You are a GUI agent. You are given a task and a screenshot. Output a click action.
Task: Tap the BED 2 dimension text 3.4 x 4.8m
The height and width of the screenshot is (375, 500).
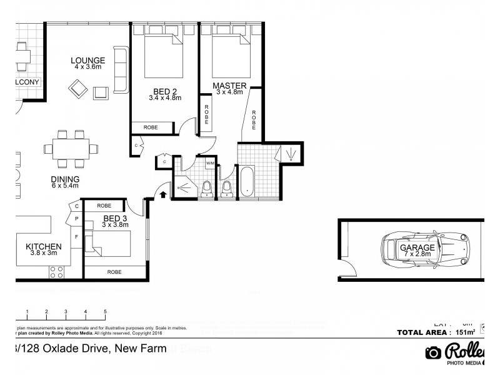(x=165, y=97)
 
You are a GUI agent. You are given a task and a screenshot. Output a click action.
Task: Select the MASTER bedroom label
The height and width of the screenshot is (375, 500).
(x=229, y=86)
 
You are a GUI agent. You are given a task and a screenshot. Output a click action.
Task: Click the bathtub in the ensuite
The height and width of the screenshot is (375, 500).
(x=247, y=181)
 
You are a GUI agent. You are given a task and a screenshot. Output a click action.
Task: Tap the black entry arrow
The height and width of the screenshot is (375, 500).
(x=164, y=194)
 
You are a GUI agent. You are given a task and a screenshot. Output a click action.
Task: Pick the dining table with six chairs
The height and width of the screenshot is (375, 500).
(x=71, y=149)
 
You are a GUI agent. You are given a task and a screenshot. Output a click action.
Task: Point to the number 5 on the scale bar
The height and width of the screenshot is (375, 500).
(x=105, y=311)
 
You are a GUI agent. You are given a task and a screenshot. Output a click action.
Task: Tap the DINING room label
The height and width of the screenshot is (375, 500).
(x=65, y=178)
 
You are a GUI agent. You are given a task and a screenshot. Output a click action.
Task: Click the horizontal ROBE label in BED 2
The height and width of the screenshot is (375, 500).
(x=151, y=127)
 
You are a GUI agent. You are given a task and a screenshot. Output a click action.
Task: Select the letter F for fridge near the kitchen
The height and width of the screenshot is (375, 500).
(x=76, y=237)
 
